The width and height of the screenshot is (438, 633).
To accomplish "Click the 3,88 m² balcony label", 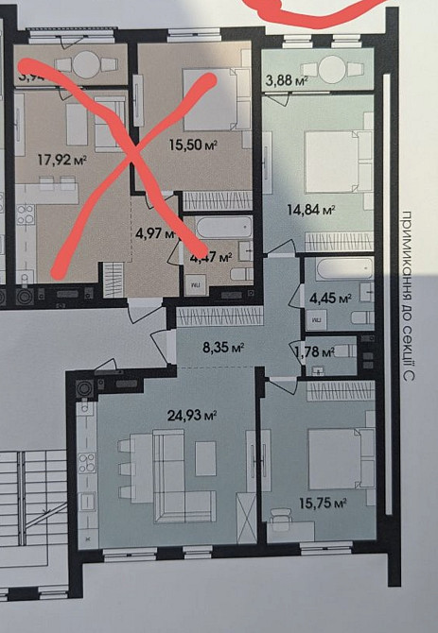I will [288, 81].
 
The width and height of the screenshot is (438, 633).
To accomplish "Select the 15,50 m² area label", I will [192, 145].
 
